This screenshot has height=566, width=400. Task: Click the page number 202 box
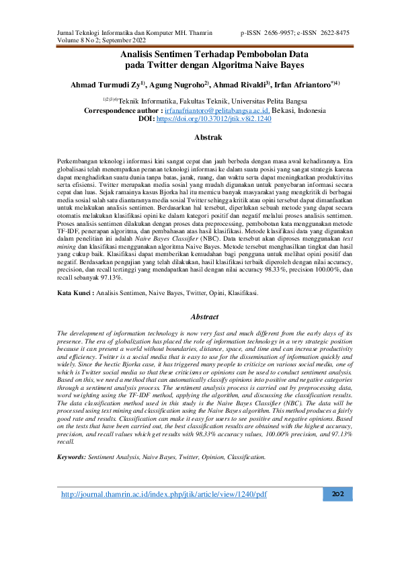pyautogui.click(x=338, y=495)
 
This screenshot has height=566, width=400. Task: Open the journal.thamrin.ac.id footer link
pyautogui.click(x=164, y=495)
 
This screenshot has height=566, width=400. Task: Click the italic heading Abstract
pyautogui.click(x=205, y=316)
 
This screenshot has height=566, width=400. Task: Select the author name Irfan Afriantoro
pyautogui.click(x=304, y=85)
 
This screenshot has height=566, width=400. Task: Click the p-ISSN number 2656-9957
pyautogui.click(x=282, y=32)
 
